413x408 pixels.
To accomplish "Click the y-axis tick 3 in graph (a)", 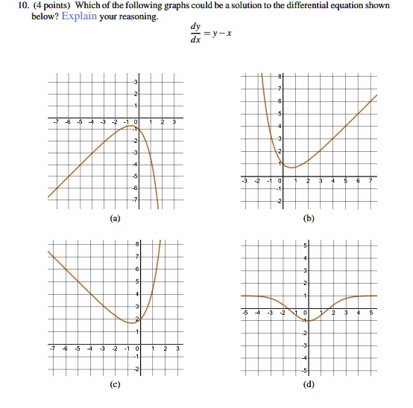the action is [136, 81].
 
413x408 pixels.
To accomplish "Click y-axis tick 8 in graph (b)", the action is [280, 77].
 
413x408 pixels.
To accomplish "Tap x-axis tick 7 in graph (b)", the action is [371, 181].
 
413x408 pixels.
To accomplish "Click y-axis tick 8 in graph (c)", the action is [136, 245].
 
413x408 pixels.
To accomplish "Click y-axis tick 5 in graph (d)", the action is [305, 246].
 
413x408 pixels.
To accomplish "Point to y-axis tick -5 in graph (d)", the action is [304, 370].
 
